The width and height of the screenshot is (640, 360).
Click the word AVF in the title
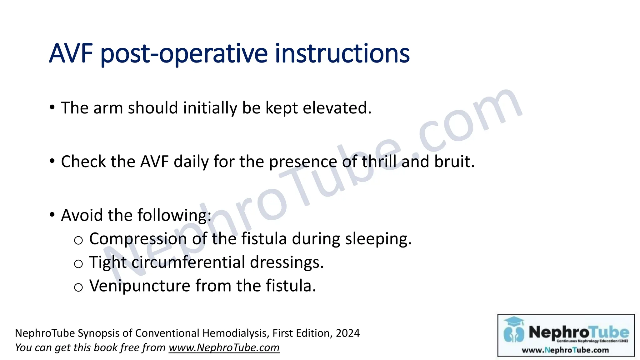tap(71, 53)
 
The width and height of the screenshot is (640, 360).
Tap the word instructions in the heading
tap(342, 53)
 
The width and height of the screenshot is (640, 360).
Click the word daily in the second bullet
tap(191, 162)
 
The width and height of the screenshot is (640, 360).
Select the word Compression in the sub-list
tap(138, 239)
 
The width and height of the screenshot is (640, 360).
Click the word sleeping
tap(378, 239)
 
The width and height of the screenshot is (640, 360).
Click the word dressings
tap(287, 262)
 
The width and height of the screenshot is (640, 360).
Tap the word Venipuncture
tap(140, 286)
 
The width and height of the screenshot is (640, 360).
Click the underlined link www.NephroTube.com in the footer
tap(224, 347)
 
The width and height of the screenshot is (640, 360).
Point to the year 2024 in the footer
tap(347, 333)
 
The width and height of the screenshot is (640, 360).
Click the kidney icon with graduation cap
tap(514, 330)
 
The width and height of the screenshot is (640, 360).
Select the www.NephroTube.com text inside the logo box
tap(565, 350)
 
